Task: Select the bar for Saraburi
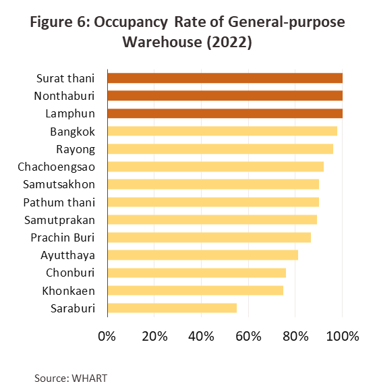(x=172, y=308)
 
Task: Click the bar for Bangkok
(x=223, y=131)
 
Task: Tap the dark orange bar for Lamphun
(x=225, y=113)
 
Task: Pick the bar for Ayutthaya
(x=203, y=255)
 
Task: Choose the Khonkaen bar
(x=196, y=290)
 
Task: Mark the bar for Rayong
(x=221, y=148)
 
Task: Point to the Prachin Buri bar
(x=209, y=237)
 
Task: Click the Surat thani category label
(x=65, y=78)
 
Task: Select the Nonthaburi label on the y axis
(x=65, y=96)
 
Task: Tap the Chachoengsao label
(x=57, y=167)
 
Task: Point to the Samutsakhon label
(x=59, y=184)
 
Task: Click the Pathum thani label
(x=59, y=202)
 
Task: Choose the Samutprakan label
(x=60, y=220)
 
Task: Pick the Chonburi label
(x=70, y=273)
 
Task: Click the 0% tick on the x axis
(x=107, y=336)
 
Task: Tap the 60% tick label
(x=248, y=336)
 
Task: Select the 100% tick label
(x=343, y=336)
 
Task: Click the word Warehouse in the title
(x=162, y=42)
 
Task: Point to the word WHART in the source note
(x=90, y=379)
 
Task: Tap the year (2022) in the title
(x=229, y=42)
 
